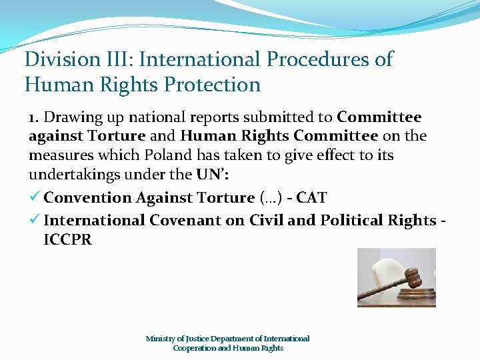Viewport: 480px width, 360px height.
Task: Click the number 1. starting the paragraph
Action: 35,117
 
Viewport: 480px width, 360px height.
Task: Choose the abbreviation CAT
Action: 312,197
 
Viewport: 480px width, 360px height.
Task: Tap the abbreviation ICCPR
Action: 67,239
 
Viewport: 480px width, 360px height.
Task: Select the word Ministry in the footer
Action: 161,339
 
